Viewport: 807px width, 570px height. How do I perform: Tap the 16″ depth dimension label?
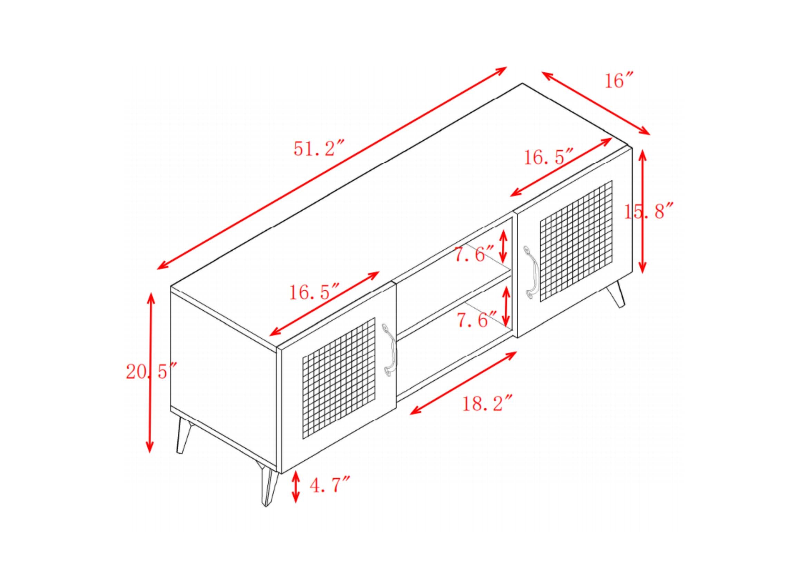(619, 81)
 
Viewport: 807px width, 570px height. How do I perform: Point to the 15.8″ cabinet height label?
(649, 212)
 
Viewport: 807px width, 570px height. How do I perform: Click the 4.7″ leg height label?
(330, 485)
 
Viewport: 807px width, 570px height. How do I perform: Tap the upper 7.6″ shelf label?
(474, 254)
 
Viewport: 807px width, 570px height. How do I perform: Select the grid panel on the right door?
(576, 241)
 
